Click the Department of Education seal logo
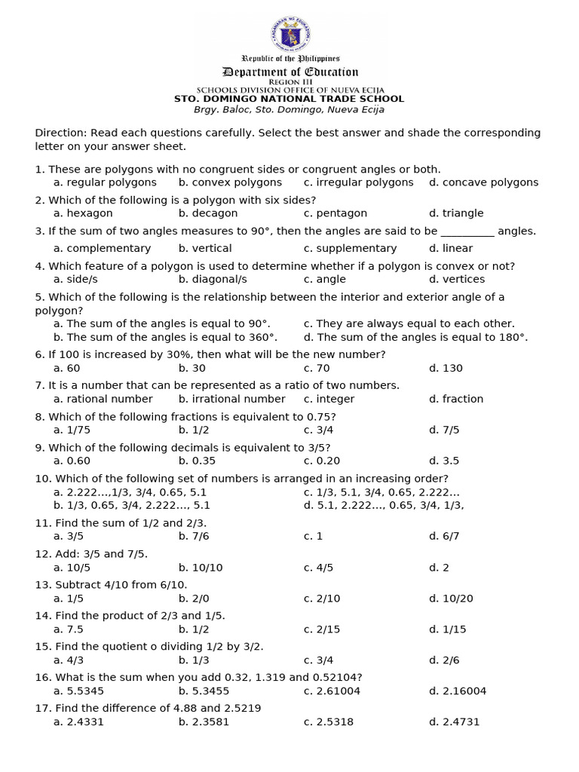coord(290,35)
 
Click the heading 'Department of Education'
coord(290,72)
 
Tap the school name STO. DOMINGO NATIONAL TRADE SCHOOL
coord(289,99)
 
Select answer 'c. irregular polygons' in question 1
coord(359,182)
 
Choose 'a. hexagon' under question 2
coord(84,213)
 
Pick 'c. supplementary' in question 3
coord(351,248)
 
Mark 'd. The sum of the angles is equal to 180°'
coord(416,337)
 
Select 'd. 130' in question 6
coord(446,368)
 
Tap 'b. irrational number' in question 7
coord(232,399)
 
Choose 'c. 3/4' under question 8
coord(319,430)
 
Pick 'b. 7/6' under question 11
coord(194,536)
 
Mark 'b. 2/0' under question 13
coord(194,598)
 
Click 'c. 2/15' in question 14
coord(322,629)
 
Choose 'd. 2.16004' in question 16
coord(458,691)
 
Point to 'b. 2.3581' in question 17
coord(204,721)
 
